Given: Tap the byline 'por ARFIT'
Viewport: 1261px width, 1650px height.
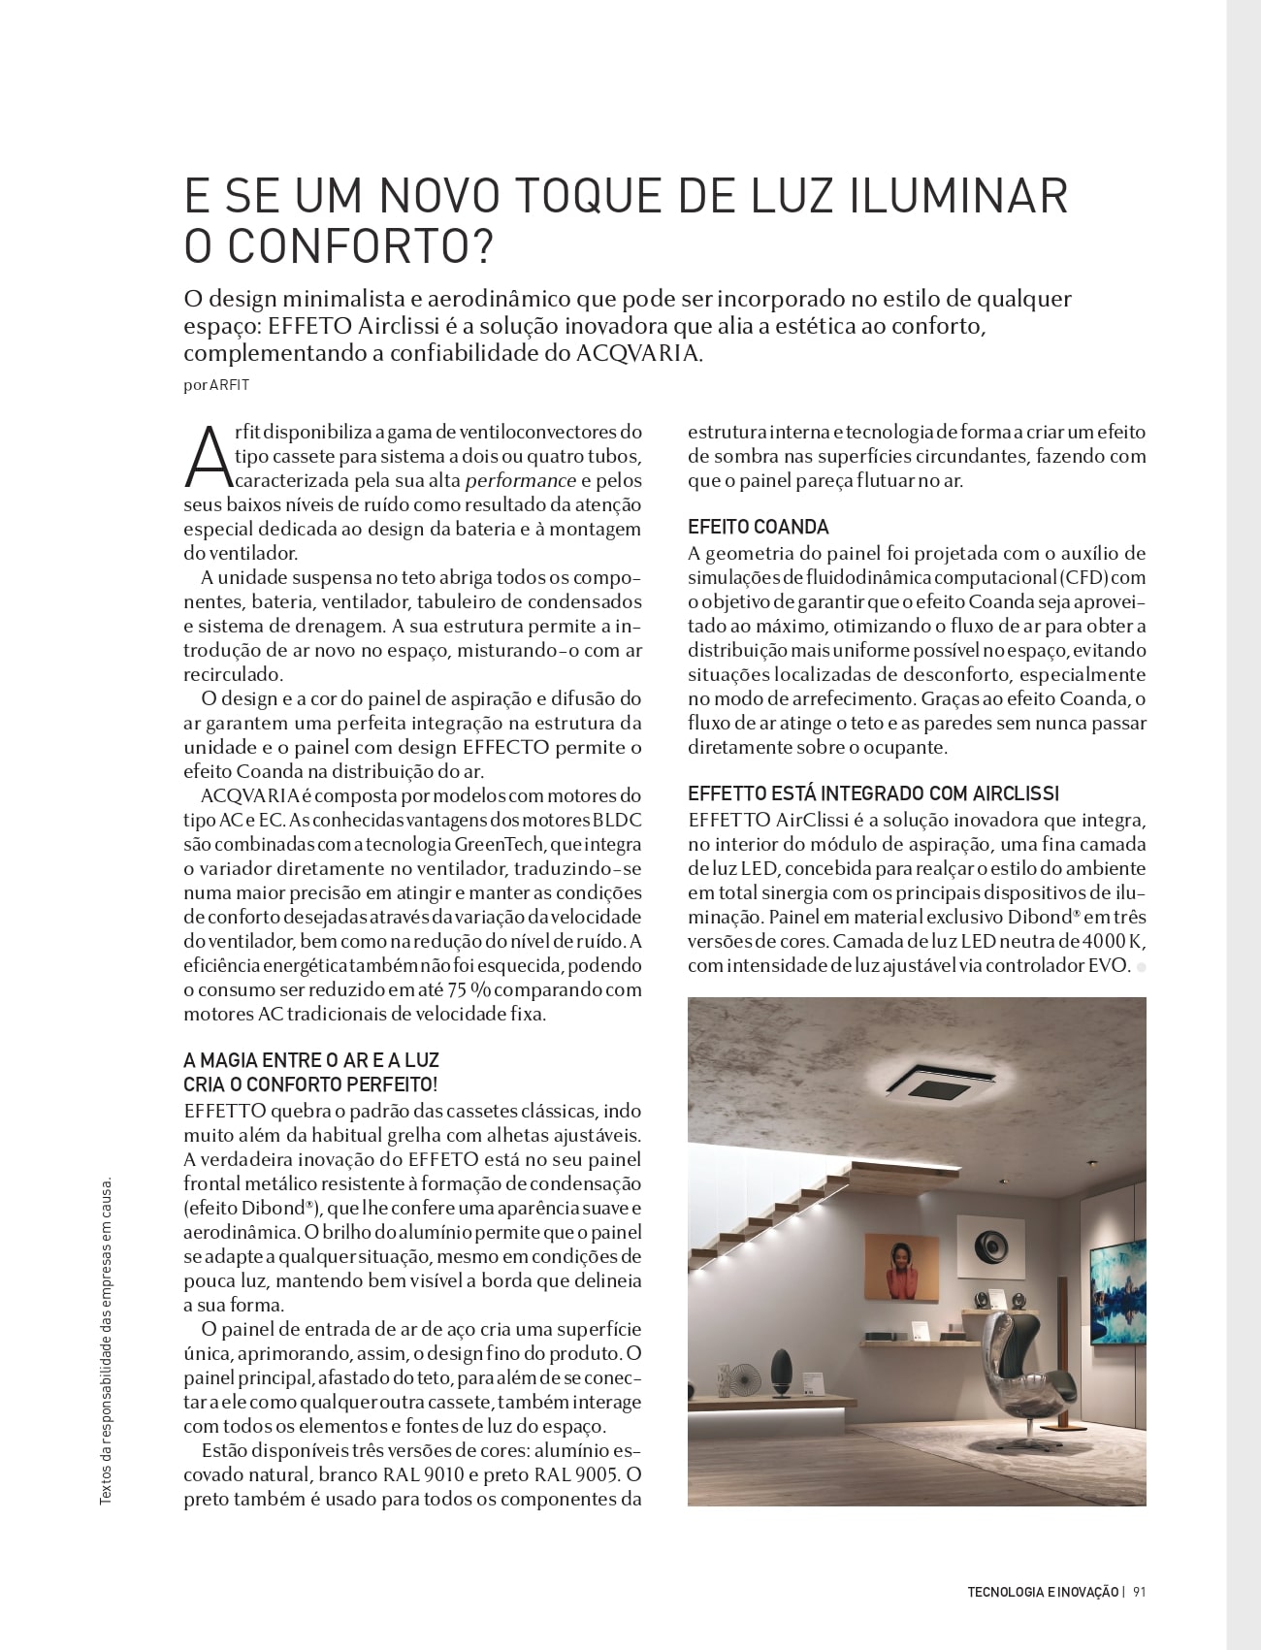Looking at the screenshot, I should coord(216,385).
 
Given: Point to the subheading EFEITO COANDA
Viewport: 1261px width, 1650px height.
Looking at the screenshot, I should coord(758,528).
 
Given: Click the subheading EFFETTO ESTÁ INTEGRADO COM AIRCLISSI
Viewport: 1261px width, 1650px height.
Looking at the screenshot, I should coord(873,794).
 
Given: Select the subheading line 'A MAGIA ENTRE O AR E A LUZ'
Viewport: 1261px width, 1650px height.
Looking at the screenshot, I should coord(310,1061).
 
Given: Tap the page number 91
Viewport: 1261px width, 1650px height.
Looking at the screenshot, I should coord(1140,1592).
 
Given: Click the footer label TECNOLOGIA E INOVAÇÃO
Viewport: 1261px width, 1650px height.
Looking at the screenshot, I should coord(1042,1592).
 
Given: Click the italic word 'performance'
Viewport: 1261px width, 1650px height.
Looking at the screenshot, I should coord(520,481).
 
